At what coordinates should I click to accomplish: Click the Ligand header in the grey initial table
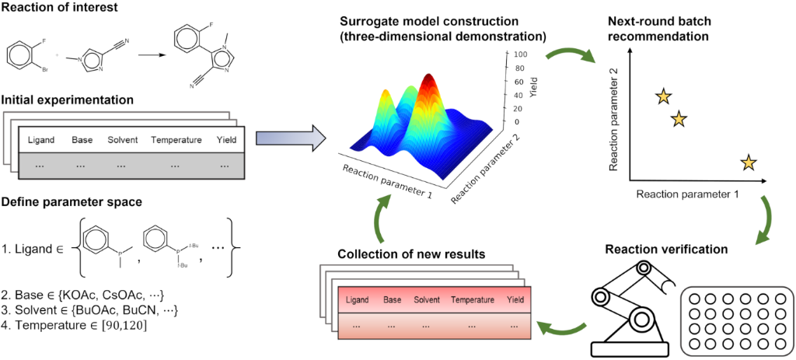point(41,140)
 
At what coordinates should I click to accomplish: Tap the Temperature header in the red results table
point(473,299)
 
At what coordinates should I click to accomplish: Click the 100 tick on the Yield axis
point(519,54)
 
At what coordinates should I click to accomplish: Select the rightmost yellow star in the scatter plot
point(748,163)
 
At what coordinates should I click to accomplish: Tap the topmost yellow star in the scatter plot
point(662,96)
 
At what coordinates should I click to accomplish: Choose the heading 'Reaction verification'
point(666,250)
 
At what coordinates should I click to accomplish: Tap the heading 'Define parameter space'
point(71,202)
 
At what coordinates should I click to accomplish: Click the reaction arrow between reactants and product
point(153,56)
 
